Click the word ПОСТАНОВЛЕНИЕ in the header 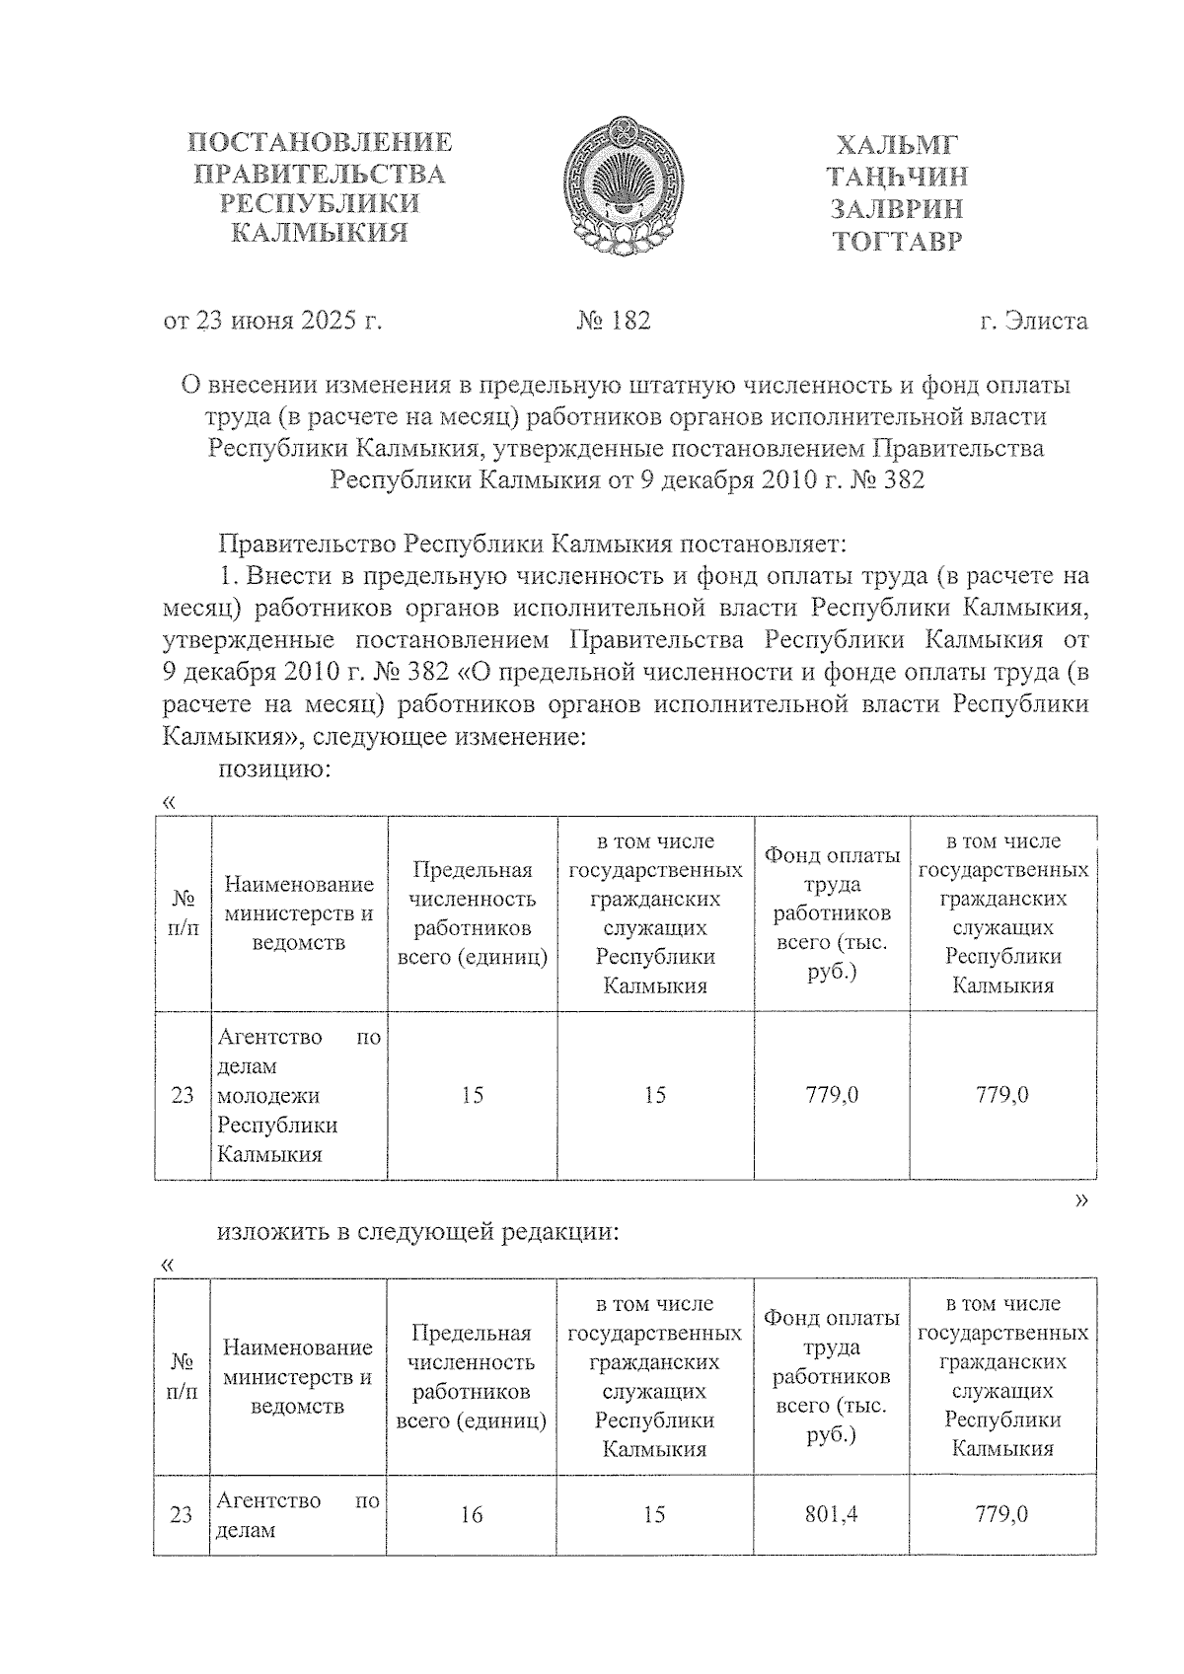pos(321,142)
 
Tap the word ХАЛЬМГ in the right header pos(897,145)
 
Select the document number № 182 pos(613,321)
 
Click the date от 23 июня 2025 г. pos(272,321)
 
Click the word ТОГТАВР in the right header pos(897,241)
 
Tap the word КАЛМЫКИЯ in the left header pos(319,234)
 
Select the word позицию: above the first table pos(273,769)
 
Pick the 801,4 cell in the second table pos(831,1513)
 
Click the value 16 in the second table pos(472,1513)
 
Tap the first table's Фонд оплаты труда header pos(832,912)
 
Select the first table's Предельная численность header pos(472,912)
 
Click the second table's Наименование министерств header pos(298,1376)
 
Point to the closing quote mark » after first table pos(1082,1200)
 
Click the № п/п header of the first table pos(183,912)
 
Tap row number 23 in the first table pos(183,1095)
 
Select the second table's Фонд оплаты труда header pos(831,1375)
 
